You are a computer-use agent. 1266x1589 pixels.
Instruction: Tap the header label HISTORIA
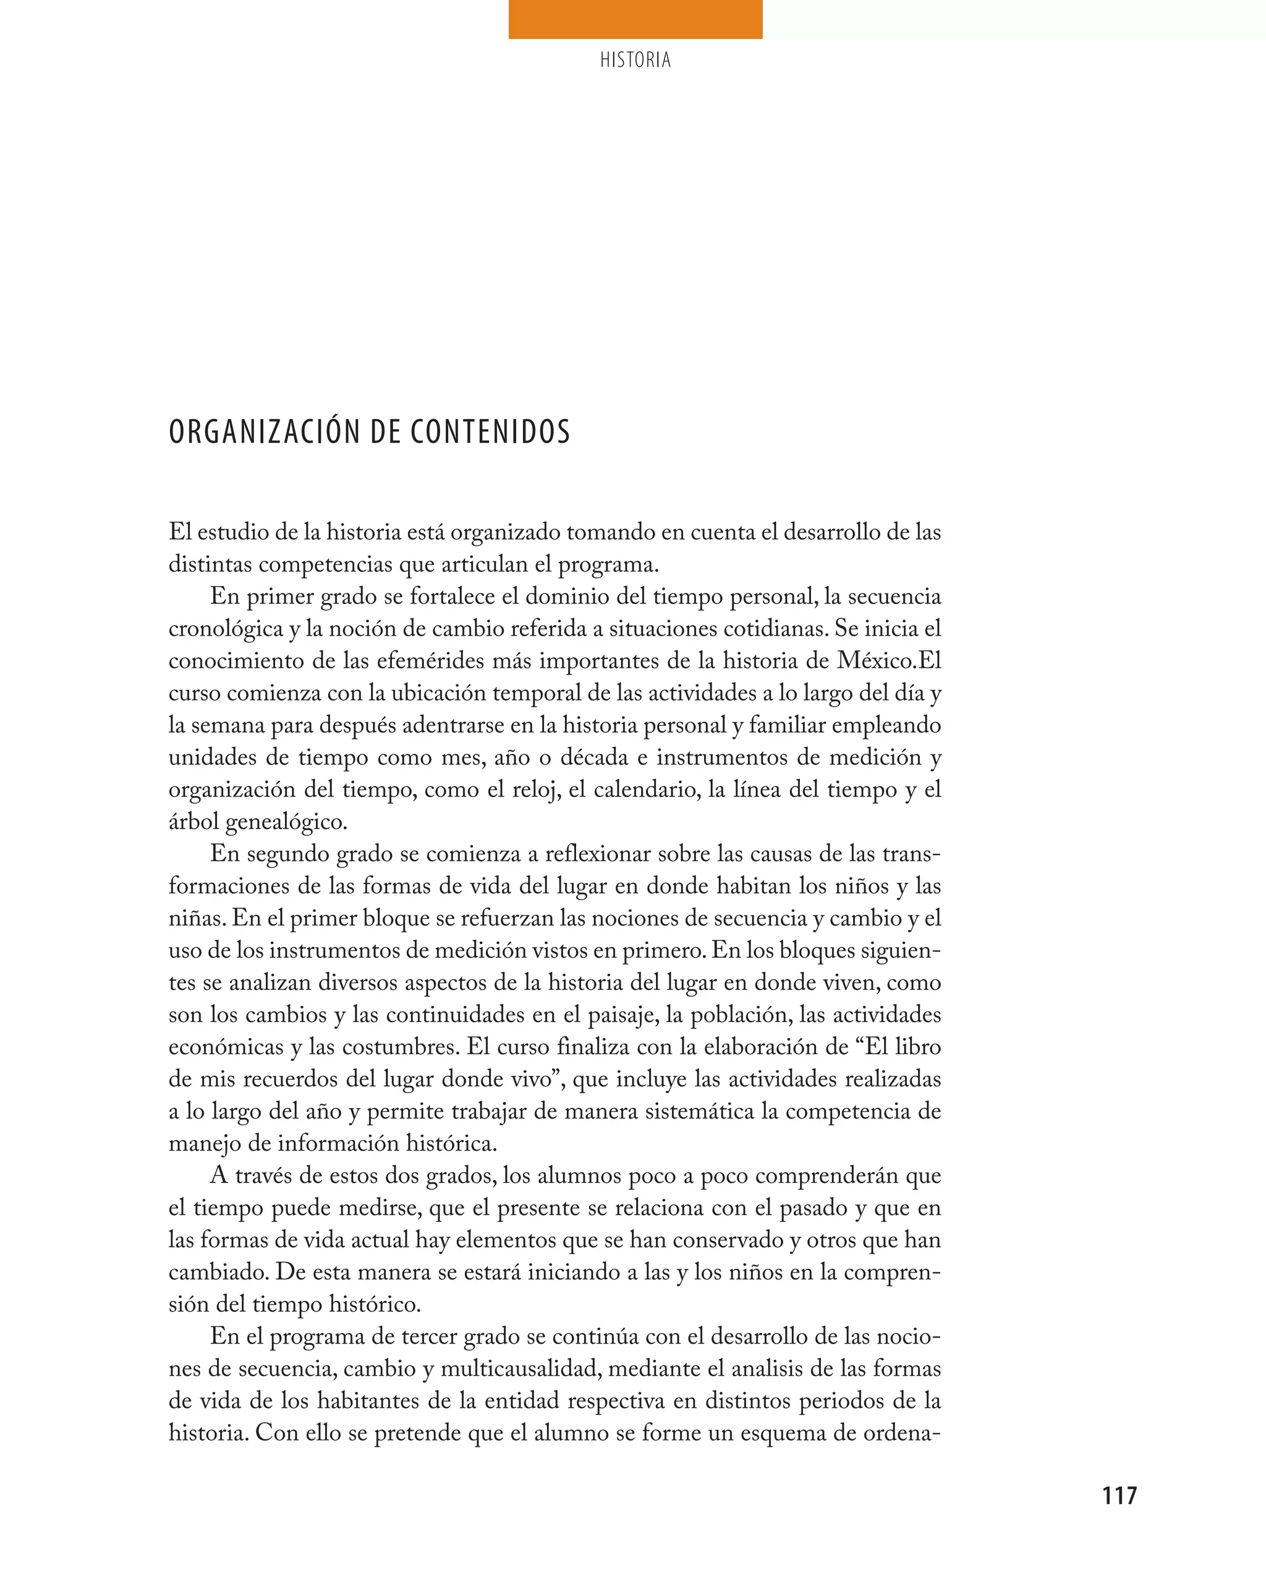[635, 61]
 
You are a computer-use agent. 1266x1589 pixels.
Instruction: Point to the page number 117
[1119, 1496]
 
